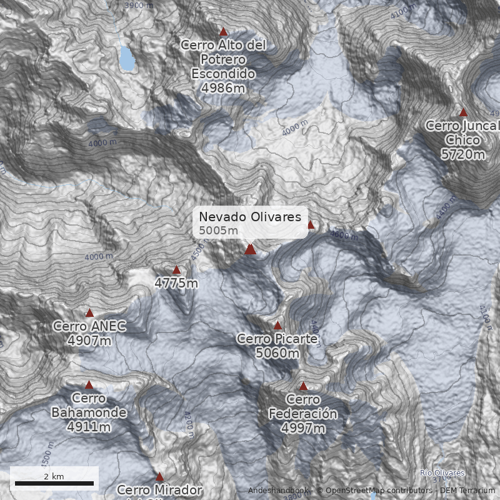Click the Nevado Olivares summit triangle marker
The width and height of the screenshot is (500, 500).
coord(250,249)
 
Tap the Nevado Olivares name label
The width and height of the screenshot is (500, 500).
coord(250,217)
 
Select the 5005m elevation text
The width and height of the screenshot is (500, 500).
coord(218,231)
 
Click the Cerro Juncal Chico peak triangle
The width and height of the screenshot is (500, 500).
coord(463,112)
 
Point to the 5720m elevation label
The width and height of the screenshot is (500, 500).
coord(462,154)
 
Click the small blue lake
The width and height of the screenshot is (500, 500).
coord(127,59)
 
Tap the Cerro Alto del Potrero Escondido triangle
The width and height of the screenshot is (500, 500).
coord(223,32)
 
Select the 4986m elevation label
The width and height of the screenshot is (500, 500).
coord(223,87)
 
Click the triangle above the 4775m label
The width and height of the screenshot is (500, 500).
coord(176,270)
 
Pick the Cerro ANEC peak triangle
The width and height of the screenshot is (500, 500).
coord(89,313)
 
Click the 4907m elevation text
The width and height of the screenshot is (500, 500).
coord(89,341)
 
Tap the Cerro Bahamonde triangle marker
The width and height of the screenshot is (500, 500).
coord(89,385)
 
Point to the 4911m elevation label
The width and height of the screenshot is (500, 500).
coord(89,427)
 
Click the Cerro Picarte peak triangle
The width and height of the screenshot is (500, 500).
coord(277,326)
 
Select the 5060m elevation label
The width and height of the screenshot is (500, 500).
coord(277,353)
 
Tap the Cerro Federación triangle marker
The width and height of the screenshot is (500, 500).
coord(303,386)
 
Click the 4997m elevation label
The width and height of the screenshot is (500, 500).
coord(303,428)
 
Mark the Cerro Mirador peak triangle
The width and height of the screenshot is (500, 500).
coord(159,477)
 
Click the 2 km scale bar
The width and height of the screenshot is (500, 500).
coord(54,483)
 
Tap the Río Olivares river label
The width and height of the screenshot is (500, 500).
coord(442,473)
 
